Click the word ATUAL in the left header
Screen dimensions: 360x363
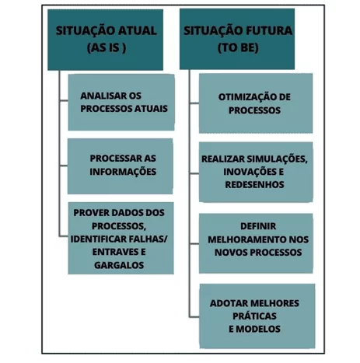(x=138, y=30)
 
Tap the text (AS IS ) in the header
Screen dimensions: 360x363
(x=107, y=47)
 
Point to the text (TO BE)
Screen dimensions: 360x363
(x=238, y=47)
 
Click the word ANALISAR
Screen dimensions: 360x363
(x=100, y=96)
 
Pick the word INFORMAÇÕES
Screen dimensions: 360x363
(x=123, y=172)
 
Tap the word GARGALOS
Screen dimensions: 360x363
(x=119, y=265)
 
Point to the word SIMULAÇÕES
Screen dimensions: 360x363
(x=277, y=159)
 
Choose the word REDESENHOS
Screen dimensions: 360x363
(x=254, y=184)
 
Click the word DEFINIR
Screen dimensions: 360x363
(x=258, y=226)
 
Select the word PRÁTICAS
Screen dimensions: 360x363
(x=254, y=316)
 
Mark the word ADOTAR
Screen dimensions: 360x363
(x=226, y=303)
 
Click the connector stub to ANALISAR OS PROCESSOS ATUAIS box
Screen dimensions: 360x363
(x=64, y=100)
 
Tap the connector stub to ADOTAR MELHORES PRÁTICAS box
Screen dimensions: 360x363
(x=194, y=316)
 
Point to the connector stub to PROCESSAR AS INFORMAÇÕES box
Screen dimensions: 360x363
(x=64, y=166)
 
